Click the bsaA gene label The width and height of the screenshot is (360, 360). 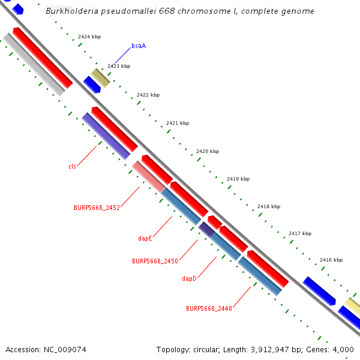pos(139,46)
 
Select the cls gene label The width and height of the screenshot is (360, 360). pos(72,166)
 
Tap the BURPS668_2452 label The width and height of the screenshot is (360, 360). pos(97,208)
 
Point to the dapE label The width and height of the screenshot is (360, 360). pos(145,238)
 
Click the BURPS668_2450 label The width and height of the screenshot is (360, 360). pos(155,261)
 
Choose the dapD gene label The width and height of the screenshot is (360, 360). pos(190,278)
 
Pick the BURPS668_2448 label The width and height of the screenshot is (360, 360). pos(209,308)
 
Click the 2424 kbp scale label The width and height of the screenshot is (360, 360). pos(89,37)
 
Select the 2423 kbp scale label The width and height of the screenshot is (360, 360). pos(119,66)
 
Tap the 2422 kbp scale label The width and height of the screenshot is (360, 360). pos(148,95)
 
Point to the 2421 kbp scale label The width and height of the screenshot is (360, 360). pos(178,123)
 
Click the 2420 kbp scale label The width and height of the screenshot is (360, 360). pos(208,151)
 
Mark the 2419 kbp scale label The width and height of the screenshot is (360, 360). pos(238,179)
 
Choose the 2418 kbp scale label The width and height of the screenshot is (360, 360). pos(269,206)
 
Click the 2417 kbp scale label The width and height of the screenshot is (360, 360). pos(300,233)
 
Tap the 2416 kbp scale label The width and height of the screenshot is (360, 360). pos(331,260)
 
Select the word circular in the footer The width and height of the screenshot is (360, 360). pos(206,349)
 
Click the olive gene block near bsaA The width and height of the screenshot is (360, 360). pos(100,77)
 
